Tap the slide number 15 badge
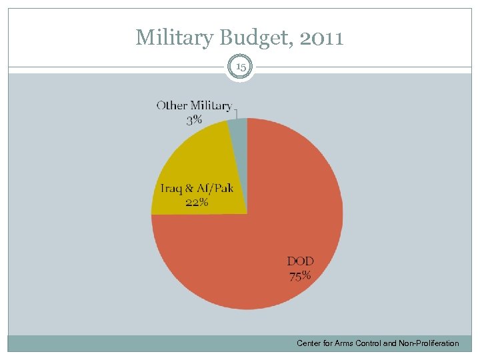pyautogui.click(x=240, y=67)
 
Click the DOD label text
pyautogui.click(x=301, y=261)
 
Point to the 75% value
pyautogui.click(x=299, y=276)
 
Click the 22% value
pyautogui.click(x=196, y=203)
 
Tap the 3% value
pyautogui.click(x=194, y=121)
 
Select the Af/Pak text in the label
pyautogui.click(x=214, y=188)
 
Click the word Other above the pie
pyautogui.click(x=172, y=105)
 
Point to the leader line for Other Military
pyautogui.click(x=236, y=113)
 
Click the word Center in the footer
pyautogui.click(x=309, y=343)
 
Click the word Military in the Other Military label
pyautogui.click(x=211, y=105)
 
